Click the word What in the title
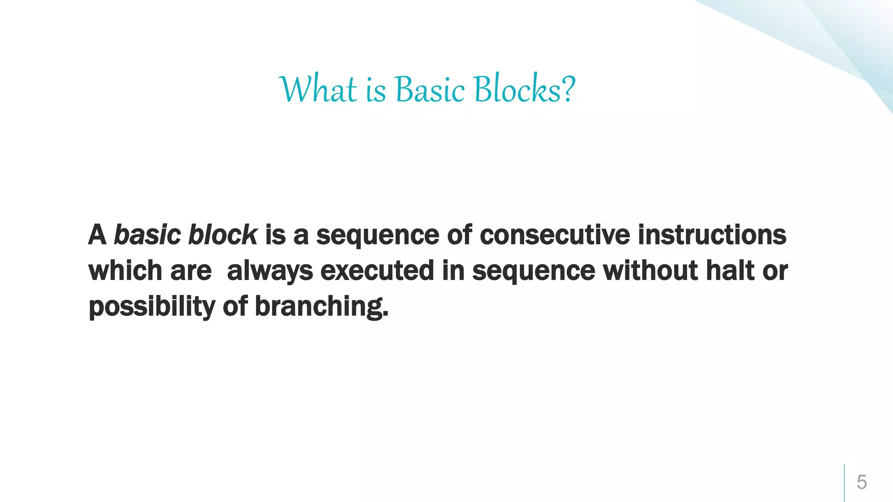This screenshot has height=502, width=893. (318, 89)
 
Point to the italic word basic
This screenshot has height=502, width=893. (147, 235)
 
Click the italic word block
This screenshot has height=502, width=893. (222, 235)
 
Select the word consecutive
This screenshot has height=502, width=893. (555, 235)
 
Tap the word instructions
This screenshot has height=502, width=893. (712, 235)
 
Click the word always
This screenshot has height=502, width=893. (270, 271)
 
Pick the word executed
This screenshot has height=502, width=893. (377, 271)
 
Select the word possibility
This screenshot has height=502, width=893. (152, 307)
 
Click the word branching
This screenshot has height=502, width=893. (321, 307)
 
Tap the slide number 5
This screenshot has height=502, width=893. (862, 482)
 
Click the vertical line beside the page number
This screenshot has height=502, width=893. (844, 482)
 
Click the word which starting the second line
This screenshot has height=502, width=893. (125, 271)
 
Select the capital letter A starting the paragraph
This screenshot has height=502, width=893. (97, 235)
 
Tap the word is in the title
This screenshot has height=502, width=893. (376, 89)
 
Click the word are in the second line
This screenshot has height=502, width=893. (191, 271)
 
